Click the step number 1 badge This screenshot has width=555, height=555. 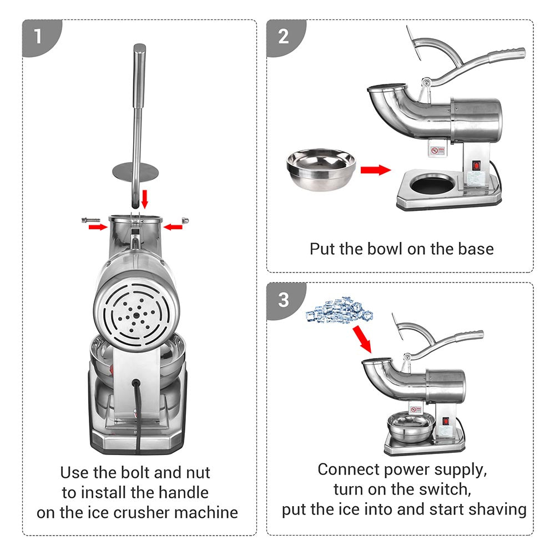coord(38,37)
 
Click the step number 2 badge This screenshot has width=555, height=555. coord(284,37)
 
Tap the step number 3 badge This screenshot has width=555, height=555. coord(284,300)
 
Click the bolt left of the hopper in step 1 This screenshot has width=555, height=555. coord(88,221)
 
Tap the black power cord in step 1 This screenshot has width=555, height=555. coord(135,411)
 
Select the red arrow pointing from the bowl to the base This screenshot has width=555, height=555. coord(375,170)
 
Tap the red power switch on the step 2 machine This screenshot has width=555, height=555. coord(475,165)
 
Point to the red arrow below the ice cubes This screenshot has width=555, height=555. coord(362,339)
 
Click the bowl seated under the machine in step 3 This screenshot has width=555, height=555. coord(412,429)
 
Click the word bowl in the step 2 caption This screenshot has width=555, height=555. coord(386,248)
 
